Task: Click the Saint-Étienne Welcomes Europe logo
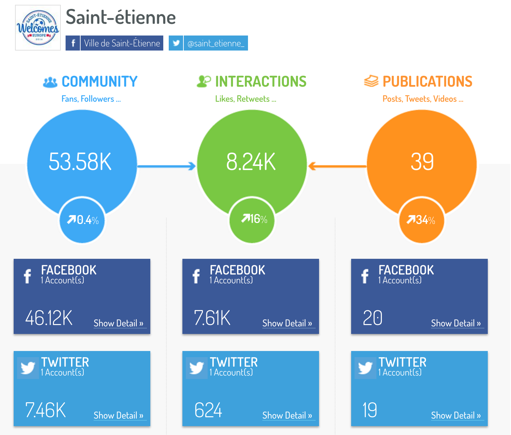38,28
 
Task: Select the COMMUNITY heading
99,82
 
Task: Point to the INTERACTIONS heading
260,82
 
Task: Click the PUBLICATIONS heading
427,82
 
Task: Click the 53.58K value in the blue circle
80,162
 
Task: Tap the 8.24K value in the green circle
251,162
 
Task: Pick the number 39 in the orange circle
422,162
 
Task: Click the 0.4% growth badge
82,220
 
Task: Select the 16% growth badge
252,219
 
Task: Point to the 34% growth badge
422,220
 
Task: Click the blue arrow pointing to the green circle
167,166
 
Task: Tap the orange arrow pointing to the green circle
337,166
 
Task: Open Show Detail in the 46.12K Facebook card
119,323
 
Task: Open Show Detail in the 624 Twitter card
287,416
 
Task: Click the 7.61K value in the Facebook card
212,318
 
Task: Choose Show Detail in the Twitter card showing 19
456,416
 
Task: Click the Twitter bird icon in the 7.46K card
28,368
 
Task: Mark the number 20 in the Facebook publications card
373,318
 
